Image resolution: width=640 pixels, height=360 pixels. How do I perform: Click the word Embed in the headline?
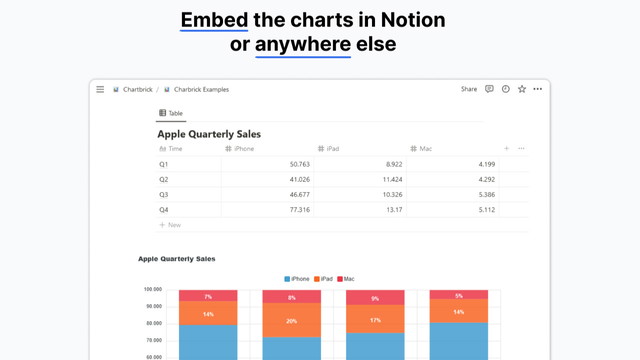click(214, 20)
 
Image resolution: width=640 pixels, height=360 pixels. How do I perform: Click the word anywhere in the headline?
click(303, 44)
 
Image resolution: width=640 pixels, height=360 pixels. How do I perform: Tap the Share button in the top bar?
click(469, 89)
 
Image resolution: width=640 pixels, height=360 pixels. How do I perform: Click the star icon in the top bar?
click(522, 89)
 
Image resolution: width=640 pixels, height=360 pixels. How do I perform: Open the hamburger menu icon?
click(100, 89)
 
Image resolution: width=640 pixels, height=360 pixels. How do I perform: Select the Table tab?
click(171, 114)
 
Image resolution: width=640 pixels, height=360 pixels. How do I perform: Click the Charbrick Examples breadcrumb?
click(200, 89)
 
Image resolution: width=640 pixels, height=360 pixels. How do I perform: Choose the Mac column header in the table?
click(425, 148)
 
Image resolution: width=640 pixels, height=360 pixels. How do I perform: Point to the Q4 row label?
click(164, 210)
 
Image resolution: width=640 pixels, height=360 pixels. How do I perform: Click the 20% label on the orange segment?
click(291, 321)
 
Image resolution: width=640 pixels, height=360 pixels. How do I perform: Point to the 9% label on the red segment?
click(375, 299)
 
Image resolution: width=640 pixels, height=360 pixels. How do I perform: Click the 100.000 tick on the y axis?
click(153, 290)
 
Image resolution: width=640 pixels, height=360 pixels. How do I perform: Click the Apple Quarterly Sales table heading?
click(209, 133)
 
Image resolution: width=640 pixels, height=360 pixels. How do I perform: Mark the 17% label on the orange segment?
click(375, 320)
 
